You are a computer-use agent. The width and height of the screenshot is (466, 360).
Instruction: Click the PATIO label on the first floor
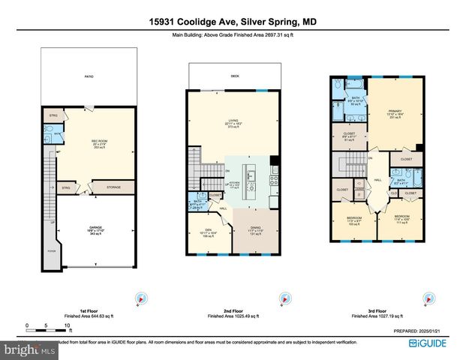(89, 76)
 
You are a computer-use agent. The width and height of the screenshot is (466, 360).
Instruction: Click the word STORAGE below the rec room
(113, 187)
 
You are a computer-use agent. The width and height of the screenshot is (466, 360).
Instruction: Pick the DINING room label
(254, 232)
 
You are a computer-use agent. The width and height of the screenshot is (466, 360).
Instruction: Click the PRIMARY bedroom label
(395, 113)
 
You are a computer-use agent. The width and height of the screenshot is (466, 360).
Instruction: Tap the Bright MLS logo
(29, 350)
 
